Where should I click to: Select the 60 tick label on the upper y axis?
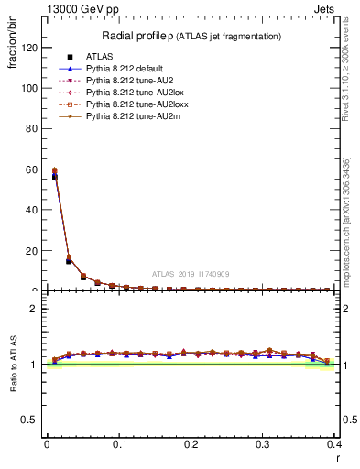32,169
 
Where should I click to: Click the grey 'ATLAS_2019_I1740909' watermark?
190,274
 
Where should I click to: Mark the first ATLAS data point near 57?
54,177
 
